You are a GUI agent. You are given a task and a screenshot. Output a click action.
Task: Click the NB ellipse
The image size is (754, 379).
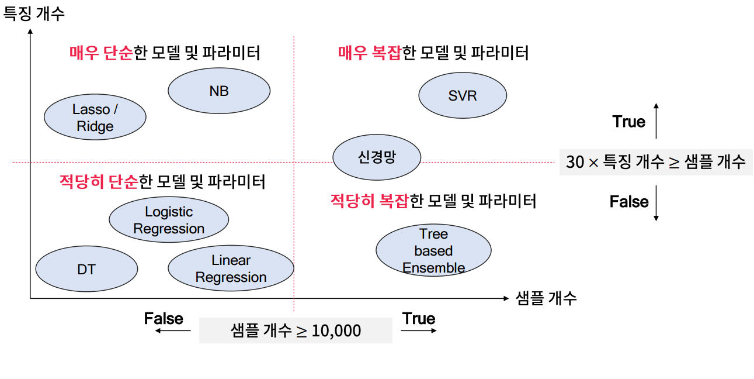[x=219, y=91]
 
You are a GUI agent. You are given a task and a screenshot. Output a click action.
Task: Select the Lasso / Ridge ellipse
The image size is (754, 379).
[x=95, y=118]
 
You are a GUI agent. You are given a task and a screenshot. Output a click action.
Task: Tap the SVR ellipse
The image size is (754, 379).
[x=463, y=95]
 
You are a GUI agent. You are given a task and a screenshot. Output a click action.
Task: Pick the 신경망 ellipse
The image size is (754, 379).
[x=377, y=157]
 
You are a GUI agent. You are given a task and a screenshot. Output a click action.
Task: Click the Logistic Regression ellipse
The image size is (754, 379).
[x=169, y=220]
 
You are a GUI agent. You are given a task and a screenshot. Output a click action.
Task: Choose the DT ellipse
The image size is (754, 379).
[x=86, y=270]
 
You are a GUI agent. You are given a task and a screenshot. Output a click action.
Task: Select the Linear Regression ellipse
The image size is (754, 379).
[x=231, y=268]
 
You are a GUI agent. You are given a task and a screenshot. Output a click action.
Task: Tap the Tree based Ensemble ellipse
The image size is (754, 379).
[x=433, y=250]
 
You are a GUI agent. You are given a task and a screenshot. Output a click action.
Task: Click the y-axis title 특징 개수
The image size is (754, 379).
[x=34, y=13]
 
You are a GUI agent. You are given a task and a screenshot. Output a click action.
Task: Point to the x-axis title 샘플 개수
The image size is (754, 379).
[x=546, y=298]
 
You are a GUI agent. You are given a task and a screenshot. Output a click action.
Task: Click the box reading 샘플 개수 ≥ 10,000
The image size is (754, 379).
[x=296, y=330]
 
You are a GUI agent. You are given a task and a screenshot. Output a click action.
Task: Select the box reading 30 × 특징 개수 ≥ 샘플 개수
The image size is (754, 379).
[x=655, y=161]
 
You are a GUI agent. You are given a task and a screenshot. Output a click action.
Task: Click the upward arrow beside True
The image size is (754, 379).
[x=656, y=120]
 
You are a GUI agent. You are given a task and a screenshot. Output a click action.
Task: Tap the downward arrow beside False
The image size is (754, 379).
[x=656, y=203]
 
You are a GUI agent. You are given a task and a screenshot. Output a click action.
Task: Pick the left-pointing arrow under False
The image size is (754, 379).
[x=173, y=331]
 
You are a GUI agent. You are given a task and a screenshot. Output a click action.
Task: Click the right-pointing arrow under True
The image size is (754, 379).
[x=419, y=331]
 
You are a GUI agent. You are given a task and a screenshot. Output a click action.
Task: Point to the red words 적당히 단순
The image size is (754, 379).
[x=99, y=182]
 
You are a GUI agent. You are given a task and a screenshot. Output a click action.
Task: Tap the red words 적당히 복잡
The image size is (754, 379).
[x=369, y=201]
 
